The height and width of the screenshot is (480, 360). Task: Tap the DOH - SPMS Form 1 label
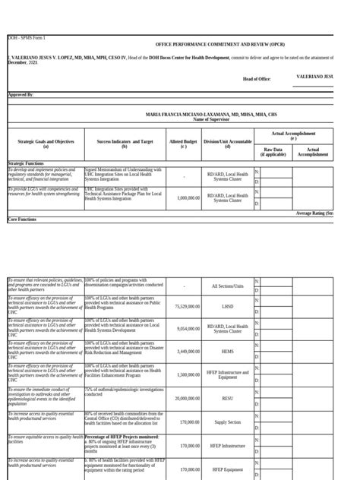[x=27, y=37]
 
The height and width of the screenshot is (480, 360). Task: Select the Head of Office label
[x=257, y=78]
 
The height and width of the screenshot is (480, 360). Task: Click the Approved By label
[x=21, y=94]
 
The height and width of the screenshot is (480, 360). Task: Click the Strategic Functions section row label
[x=26, y=163]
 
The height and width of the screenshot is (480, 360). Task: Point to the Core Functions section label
[x=22, y=219]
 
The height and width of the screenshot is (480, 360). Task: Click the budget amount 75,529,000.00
[x=187, y=307]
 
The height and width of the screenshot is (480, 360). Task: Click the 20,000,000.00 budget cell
[x=187, y=398]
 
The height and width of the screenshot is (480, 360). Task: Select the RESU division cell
[x=228, y=398]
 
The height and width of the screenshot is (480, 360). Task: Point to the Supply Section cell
[x=228, y=422]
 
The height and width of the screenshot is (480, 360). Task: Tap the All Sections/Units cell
[x=228, y=286]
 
